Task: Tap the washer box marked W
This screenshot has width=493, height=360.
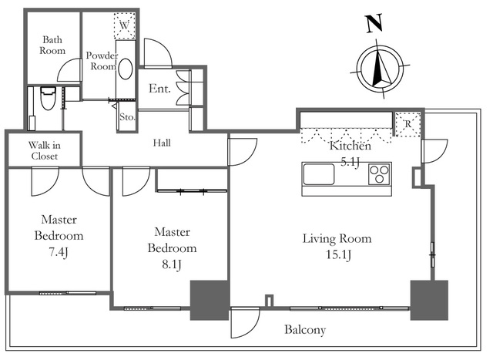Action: coord(124,25)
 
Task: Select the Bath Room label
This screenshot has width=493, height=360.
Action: coord(52,45)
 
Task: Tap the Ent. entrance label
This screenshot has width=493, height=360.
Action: coord(159,89)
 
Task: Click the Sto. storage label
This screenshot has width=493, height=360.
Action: coord(127,118)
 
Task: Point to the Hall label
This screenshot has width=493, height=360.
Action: coord(162,143)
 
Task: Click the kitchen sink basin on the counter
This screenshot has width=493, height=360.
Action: coord(318,174)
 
